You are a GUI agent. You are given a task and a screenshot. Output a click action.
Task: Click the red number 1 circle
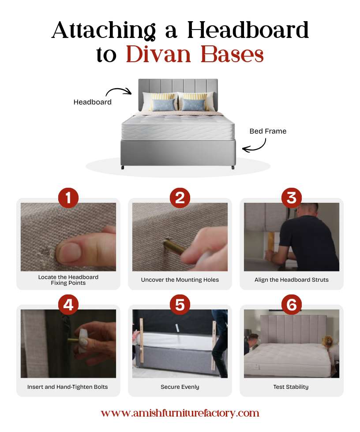(68, 198)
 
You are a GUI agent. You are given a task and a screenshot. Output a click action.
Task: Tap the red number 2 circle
(180, 198)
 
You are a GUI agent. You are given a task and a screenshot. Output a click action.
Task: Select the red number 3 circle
(291, 198)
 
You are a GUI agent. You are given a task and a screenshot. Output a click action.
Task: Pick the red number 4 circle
(68, 305)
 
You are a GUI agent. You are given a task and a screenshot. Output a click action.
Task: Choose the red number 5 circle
(180, 305)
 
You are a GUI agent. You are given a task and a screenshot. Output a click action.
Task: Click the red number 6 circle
(291, 305)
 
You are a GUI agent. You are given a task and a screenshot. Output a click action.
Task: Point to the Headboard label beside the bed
(92, 102)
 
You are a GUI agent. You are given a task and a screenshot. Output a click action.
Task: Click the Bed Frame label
(268, 131)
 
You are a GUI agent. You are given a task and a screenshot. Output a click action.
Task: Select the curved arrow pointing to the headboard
(118, 91)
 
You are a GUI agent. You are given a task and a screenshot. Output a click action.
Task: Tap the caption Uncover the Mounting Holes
(180, 280)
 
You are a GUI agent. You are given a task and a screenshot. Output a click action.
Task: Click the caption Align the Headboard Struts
(291, 280)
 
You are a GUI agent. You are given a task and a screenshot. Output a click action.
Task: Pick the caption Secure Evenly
(180, 387)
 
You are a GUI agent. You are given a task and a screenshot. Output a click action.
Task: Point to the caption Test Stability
(291, 387)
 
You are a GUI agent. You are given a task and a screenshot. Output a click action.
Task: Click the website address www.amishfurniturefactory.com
(180, 413)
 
